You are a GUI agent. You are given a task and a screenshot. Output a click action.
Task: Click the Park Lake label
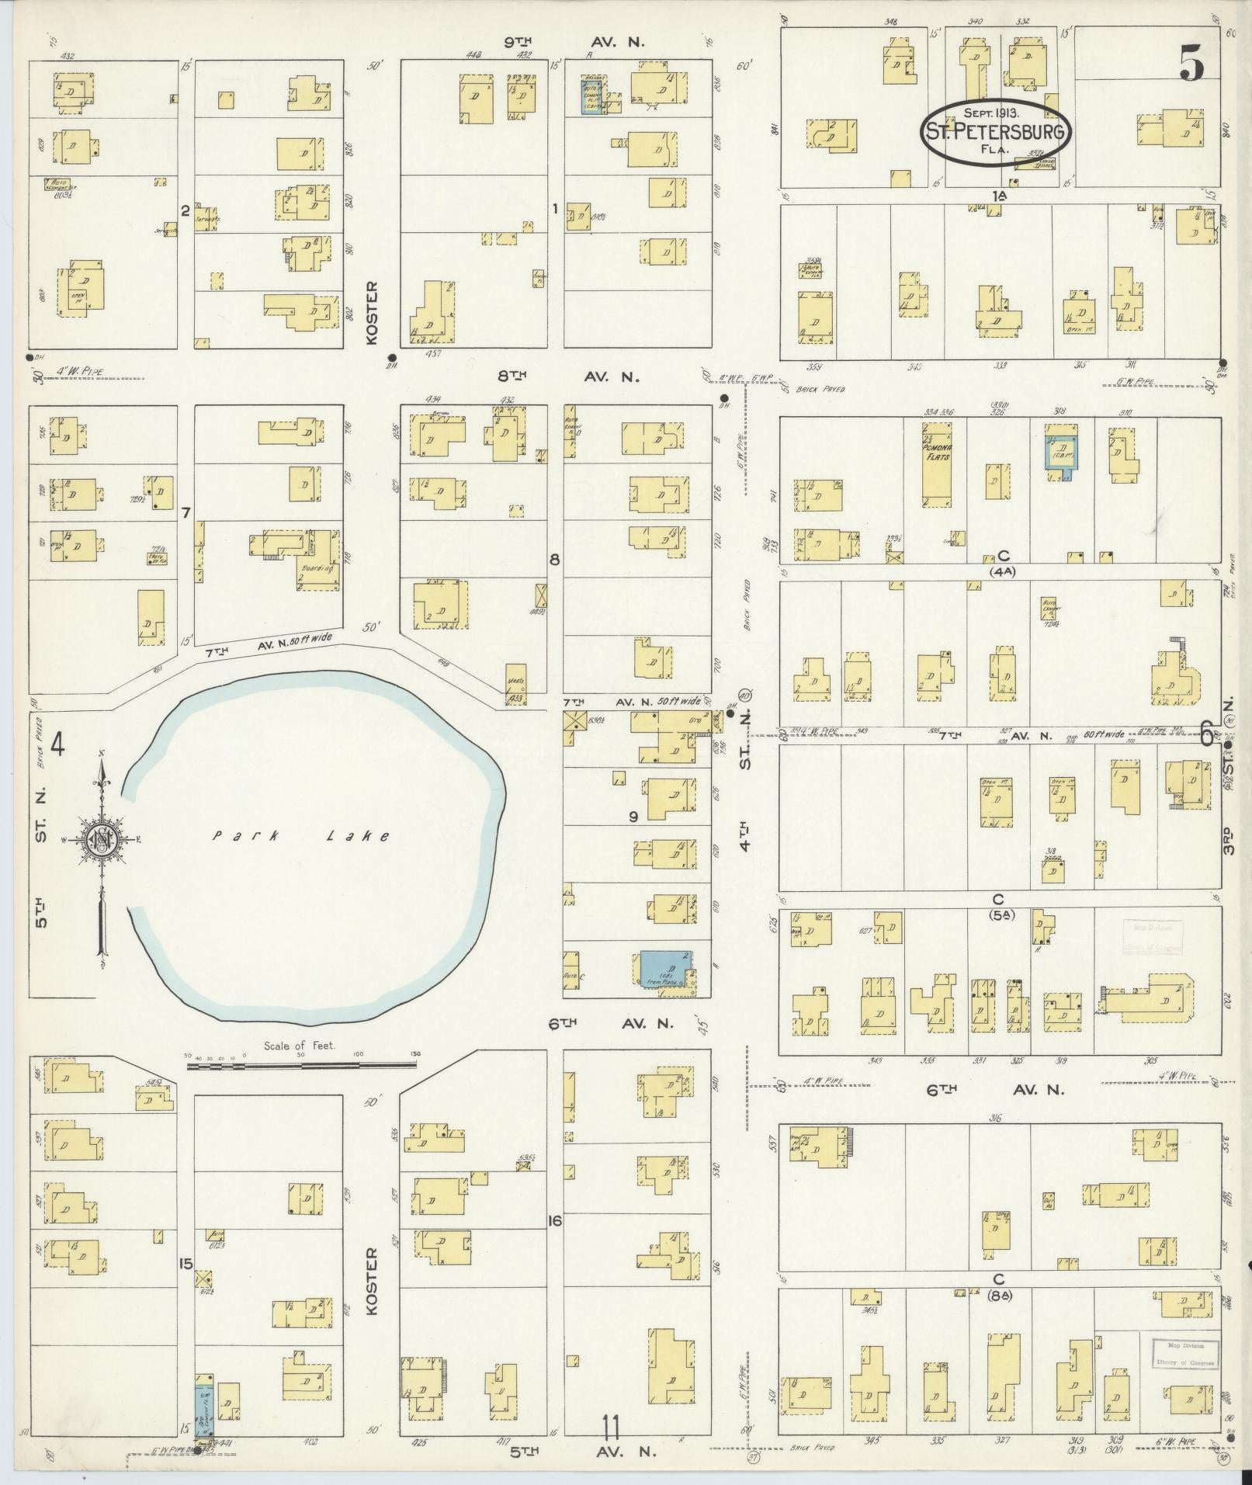pyautogui.click(x=301, y=836)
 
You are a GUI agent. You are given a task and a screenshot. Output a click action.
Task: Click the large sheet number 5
pyautogui.click(x=1191, y=63)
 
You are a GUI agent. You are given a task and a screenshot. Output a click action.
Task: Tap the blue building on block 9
pyautogui.click(x=664, y=970)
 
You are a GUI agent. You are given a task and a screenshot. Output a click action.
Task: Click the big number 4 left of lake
pyautogui.click(x=57, y=745)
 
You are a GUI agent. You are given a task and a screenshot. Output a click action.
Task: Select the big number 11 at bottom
pyautogui.click(x=612, y=1428)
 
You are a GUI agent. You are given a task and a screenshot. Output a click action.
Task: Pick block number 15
pyautogui.click(x=185, y=1265)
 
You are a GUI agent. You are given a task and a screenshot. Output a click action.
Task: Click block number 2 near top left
pyautogui.click(x=185, y=210)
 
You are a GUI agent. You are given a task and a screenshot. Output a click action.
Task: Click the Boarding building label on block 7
pyautogui.click(x=317, y=568)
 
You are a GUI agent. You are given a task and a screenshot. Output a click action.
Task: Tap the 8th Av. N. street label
pyautogui.click(x=571, y=377)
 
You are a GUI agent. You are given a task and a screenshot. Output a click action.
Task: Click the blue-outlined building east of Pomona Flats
pyautogui.click(x=1060, y=452)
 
